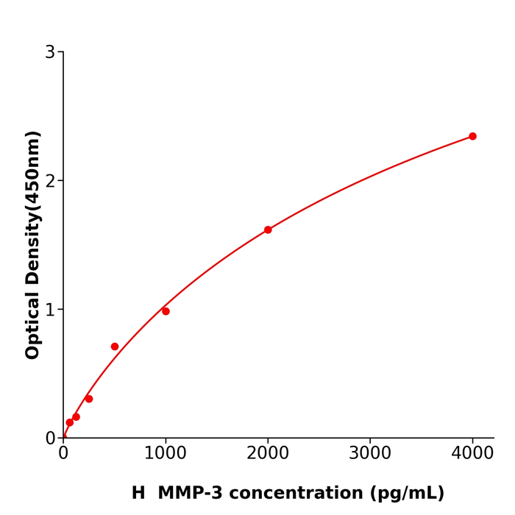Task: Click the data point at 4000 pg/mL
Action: click(472, 136)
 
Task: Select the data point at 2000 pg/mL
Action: click(268, 230)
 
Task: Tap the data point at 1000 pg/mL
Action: click(166, 311)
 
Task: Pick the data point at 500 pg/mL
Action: click(115, 347)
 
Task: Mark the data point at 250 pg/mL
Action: click(89, 399)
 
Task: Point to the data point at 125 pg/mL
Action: click(76, 417)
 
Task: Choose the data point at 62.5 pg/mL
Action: click(70, 422)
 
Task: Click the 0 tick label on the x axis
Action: click(63, 453)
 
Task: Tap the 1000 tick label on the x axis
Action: click(166, 453)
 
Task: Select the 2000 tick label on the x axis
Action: click(268, 453)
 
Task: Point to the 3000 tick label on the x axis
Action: click(370, 453)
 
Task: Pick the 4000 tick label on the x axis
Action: click(472, 453)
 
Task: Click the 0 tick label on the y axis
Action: click(50, 438)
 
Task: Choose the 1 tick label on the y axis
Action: click(50, 309)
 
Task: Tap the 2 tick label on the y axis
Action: click(50, 180)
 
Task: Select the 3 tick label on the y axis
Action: click(50, 51)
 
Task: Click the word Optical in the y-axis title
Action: click(33, 324)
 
